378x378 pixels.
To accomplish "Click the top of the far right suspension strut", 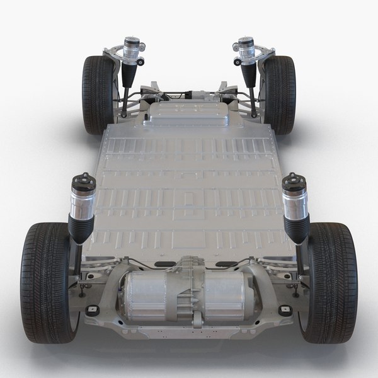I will click(244, 46).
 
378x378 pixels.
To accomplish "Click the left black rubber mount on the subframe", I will click(93, 310).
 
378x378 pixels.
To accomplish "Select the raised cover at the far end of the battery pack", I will click(189, 115).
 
